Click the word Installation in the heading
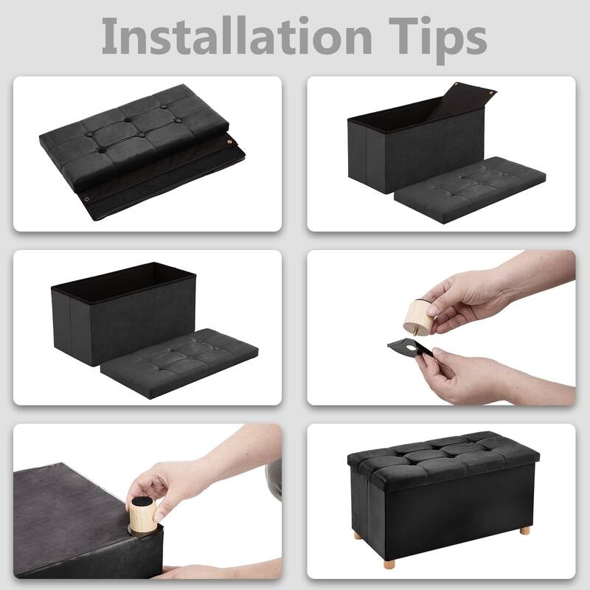(237, 35)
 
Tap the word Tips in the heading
(437, 40)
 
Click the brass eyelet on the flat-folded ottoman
(229, 142)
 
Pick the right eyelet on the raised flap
(490, 91)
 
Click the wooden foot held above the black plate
(417, 316)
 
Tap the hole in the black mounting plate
(411, 348)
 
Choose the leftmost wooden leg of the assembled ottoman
(357, 535)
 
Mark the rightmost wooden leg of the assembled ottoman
(524, 530)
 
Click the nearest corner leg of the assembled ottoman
(389, 564)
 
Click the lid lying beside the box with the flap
(471, 190)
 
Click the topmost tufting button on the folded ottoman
(163, 106)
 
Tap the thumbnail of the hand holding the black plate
(437, 351)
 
